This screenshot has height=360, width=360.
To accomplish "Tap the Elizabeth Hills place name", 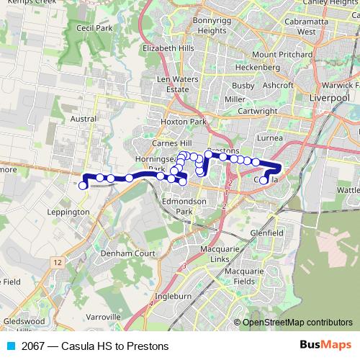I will point(168,48).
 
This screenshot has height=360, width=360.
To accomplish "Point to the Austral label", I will point(84,119).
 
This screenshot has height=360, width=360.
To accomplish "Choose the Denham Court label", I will point(128,254).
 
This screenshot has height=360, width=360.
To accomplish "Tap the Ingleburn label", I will point(173,295).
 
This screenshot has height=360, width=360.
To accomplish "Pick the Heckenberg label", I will point(257,67).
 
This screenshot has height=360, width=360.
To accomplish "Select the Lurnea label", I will point(270,137).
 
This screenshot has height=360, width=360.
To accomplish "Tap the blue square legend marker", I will point(11,346).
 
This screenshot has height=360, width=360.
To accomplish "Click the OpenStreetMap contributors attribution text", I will point(297,322).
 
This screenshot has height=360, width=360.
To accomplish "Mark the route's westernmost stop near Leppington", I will point(83,186).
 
